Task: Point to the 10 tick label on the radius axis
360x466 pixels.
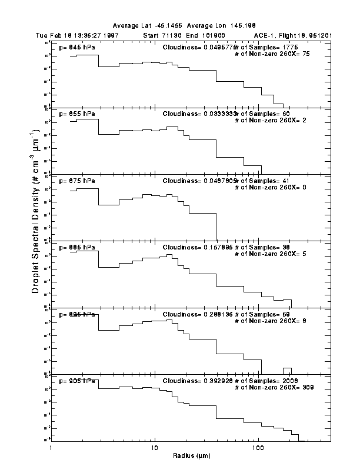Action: click(x=154, y=448)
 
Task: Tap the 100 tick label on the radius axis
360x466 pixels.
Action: click(x=258, y=448)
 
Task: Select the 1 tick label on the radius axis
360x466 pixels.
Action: click(x=52, y=448)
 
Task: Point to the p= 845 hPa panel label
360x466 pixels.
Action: click(x=78, y=46)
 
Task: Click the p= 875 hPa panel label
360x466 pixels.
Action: click(x=78, y=181)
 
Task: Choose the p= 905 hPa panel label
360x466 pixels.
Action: click(x=78, y=381)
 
